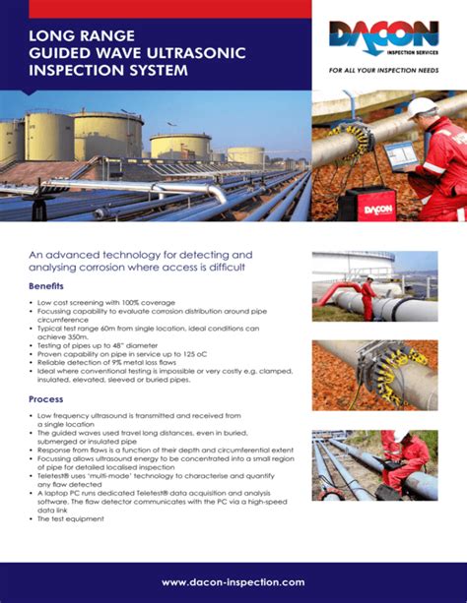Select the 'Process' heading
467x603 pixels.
point(46,399)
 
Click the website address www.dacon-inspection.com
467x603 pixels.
point(233,582)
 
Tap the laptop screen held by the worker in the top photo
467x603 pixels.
point(400,155)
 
